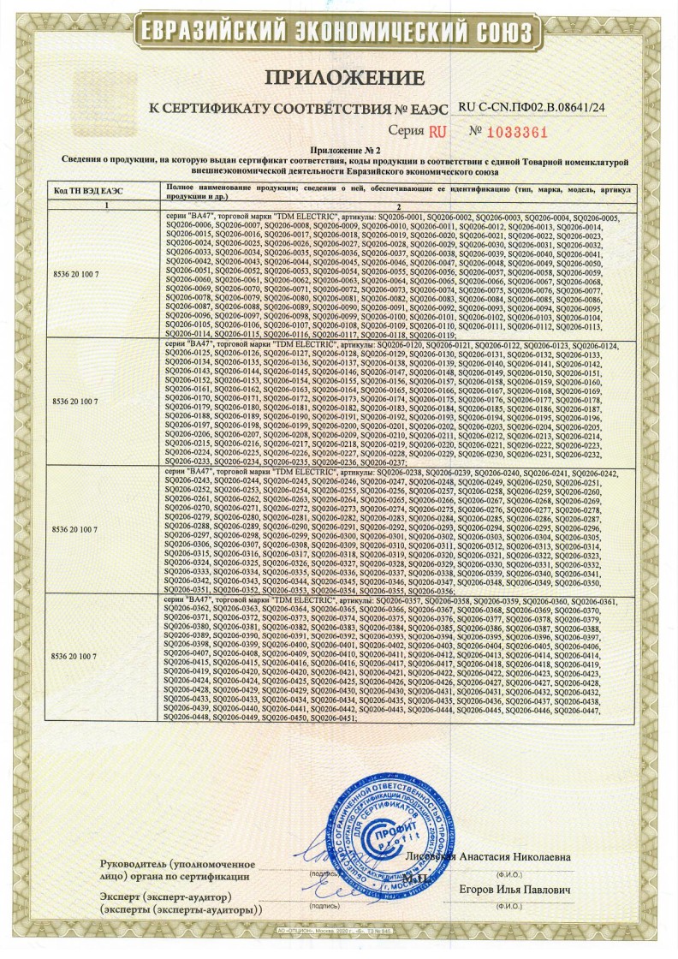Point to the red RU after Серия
[437, 132]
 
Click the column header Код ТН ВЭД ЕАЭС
[88, 191]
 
